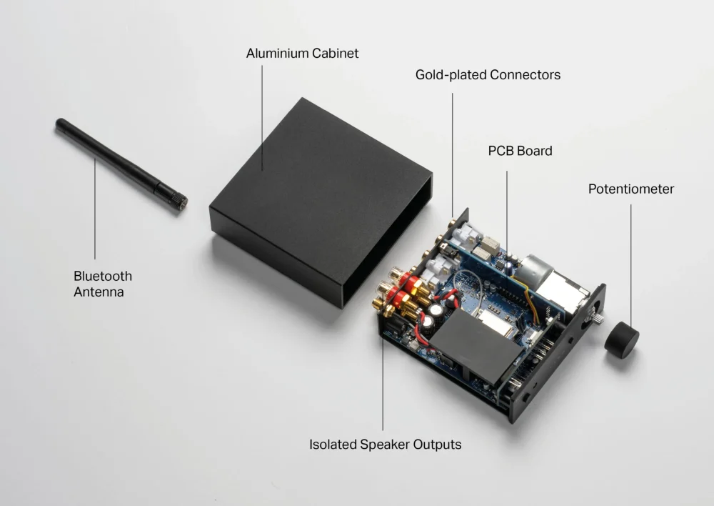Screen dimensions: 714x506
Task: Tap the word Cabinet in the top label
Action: coord(335,54)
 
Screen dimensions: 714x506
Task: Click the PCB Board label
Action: coord(520,151)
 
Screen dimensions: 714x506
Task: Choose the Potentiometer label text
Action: coord(631,189)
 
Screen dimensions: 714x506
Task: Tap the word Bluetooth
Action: coord(103,277)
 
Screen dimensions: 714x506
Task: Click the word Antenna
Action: coord(99,292)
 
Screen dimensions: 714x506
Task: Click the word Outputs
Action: coord(437,445)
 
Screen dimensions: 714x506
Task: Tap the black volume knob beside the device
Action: coord(622,339)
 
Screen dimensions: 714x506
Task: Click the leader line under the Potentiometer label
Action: coord(631,262)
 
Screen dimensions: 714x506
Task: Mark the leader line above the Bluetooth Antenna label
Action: coord(95,209)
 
